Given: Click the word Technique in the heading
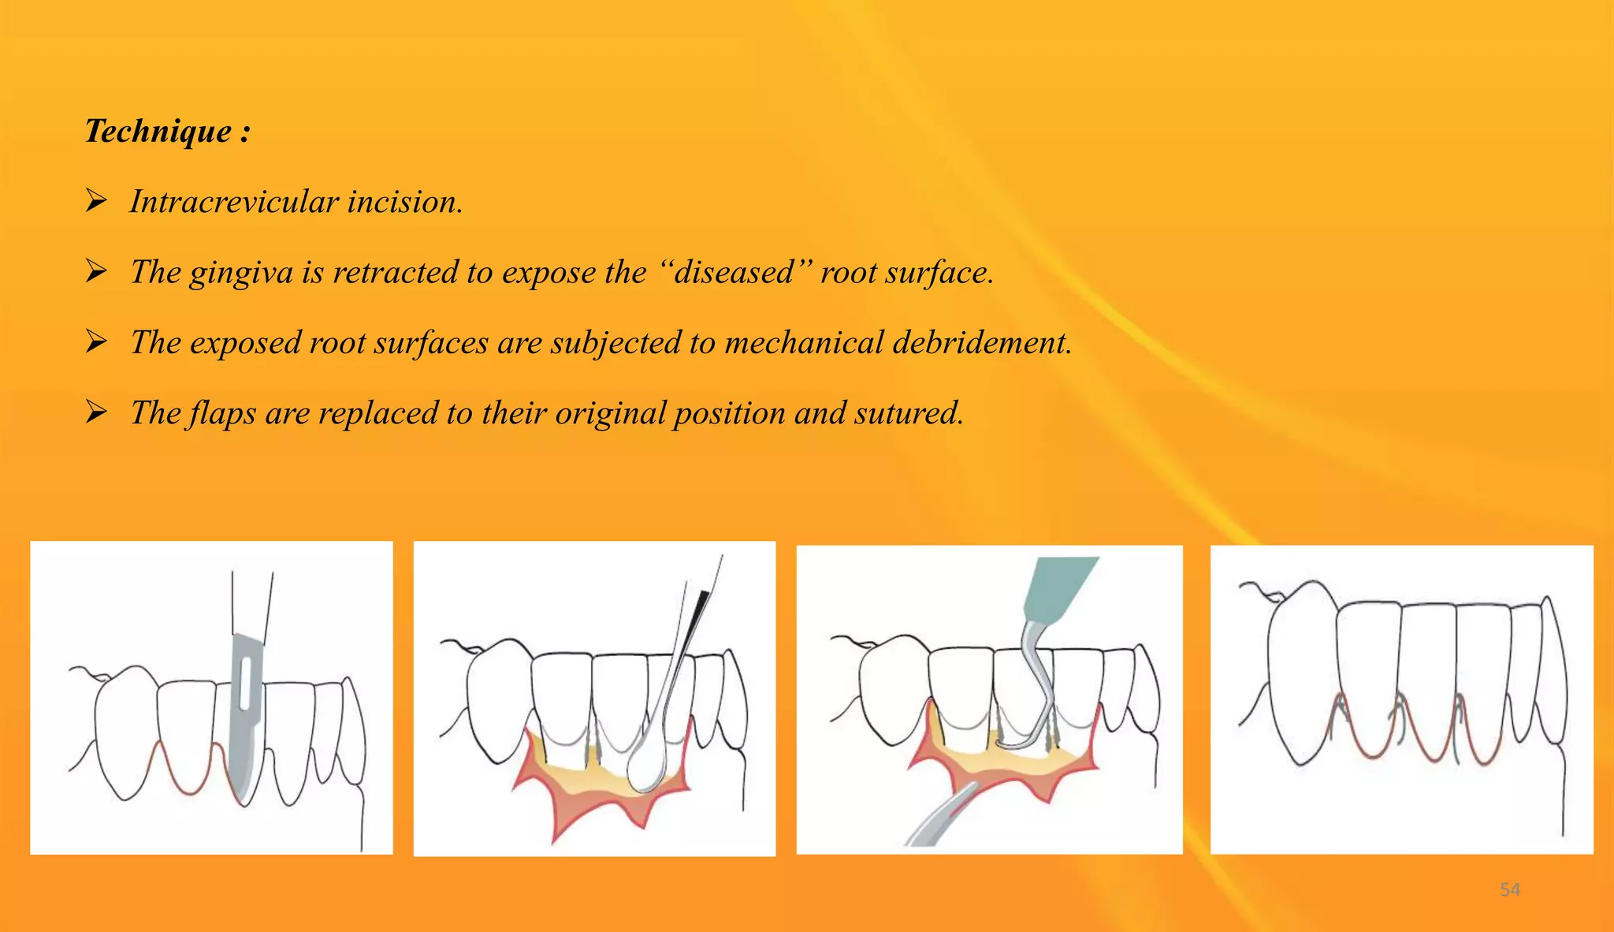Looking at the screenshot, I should (x=158, y=131).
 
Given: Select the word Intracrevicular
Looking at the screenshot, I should (x=233, y=202).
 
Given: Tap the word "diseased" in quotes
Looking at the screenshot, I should (x=733, y=272).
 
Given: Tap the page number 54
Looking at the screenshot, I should (x=1509, y=889).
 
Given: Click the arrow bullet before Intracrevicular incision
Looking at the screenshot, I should (x=96, y=201).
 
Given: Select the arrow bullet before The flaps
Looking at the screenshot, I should (x=96, y=412).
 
